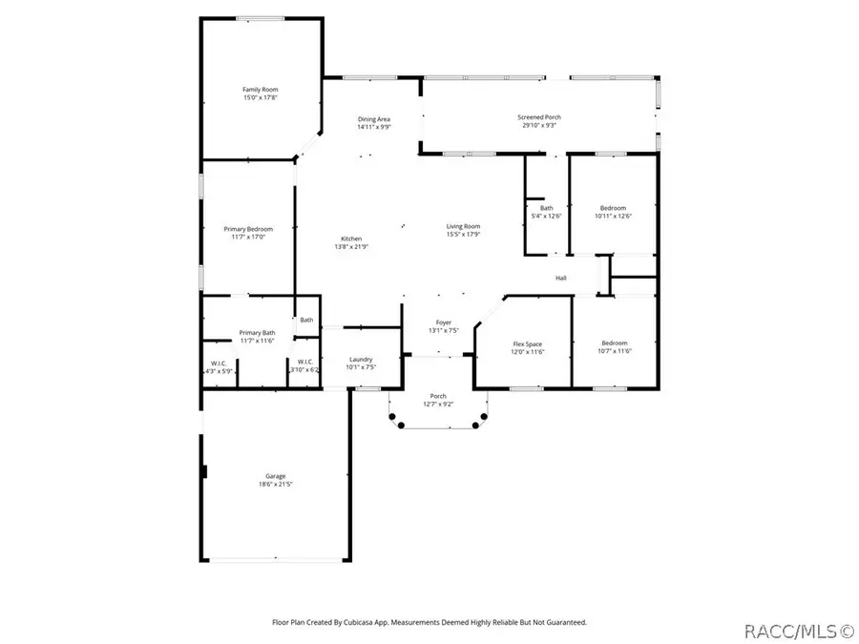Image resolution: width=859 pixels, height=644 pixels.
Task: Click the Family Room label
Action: coord(253,89)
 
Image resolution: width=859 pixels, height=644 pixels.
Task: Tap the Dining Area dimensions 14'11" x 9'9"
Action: coord(374,127)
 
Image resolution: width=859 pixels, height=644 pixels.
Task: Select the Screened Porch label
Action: coord(539,116)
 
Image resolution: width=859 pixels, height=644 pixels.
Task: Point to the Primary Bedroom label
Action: coord(248,229)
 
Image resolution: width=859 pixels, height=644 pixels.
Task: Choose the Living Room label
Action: coord(464,226)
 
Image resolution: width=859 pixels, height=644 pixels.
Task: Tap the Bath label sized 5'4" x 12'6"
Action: coord(546,208)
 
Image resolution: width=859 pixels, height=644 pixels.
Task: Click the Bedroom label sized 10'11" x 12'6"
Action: coord(613,208)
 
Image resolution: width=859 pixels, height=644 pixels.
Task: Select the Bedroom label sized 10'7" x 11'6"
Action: coord(614,343)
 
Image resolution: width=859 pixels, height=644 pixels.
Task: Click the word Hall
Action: coord(562,279)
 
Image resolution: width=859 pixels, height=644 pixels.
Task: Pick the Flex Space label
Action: coord(528,343)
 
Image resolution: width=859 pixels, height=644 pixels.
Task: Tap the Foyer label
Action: coord(444,322)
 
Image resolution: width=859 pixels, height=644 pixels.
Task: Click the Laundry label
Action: coord(361,359)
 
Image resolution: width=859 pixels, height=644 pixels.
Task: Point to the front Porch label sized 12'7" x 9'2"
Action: coord(438,396)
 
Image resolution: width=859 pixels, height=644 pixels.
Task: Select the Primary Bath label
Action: coord(257,332)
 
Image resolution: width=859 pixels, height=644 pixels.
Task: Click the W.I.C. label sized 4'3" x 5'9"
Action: coord(219,363)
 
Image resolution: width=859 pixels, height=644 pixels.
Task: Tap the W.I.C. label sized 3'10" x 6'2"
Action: coord(304,362)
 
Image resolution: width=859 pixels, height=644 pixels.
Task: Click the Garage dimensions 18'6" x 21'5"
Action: coord(275,485)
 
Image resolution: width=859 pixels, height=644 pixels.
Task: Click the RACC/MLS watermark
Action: coord(792,631)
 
